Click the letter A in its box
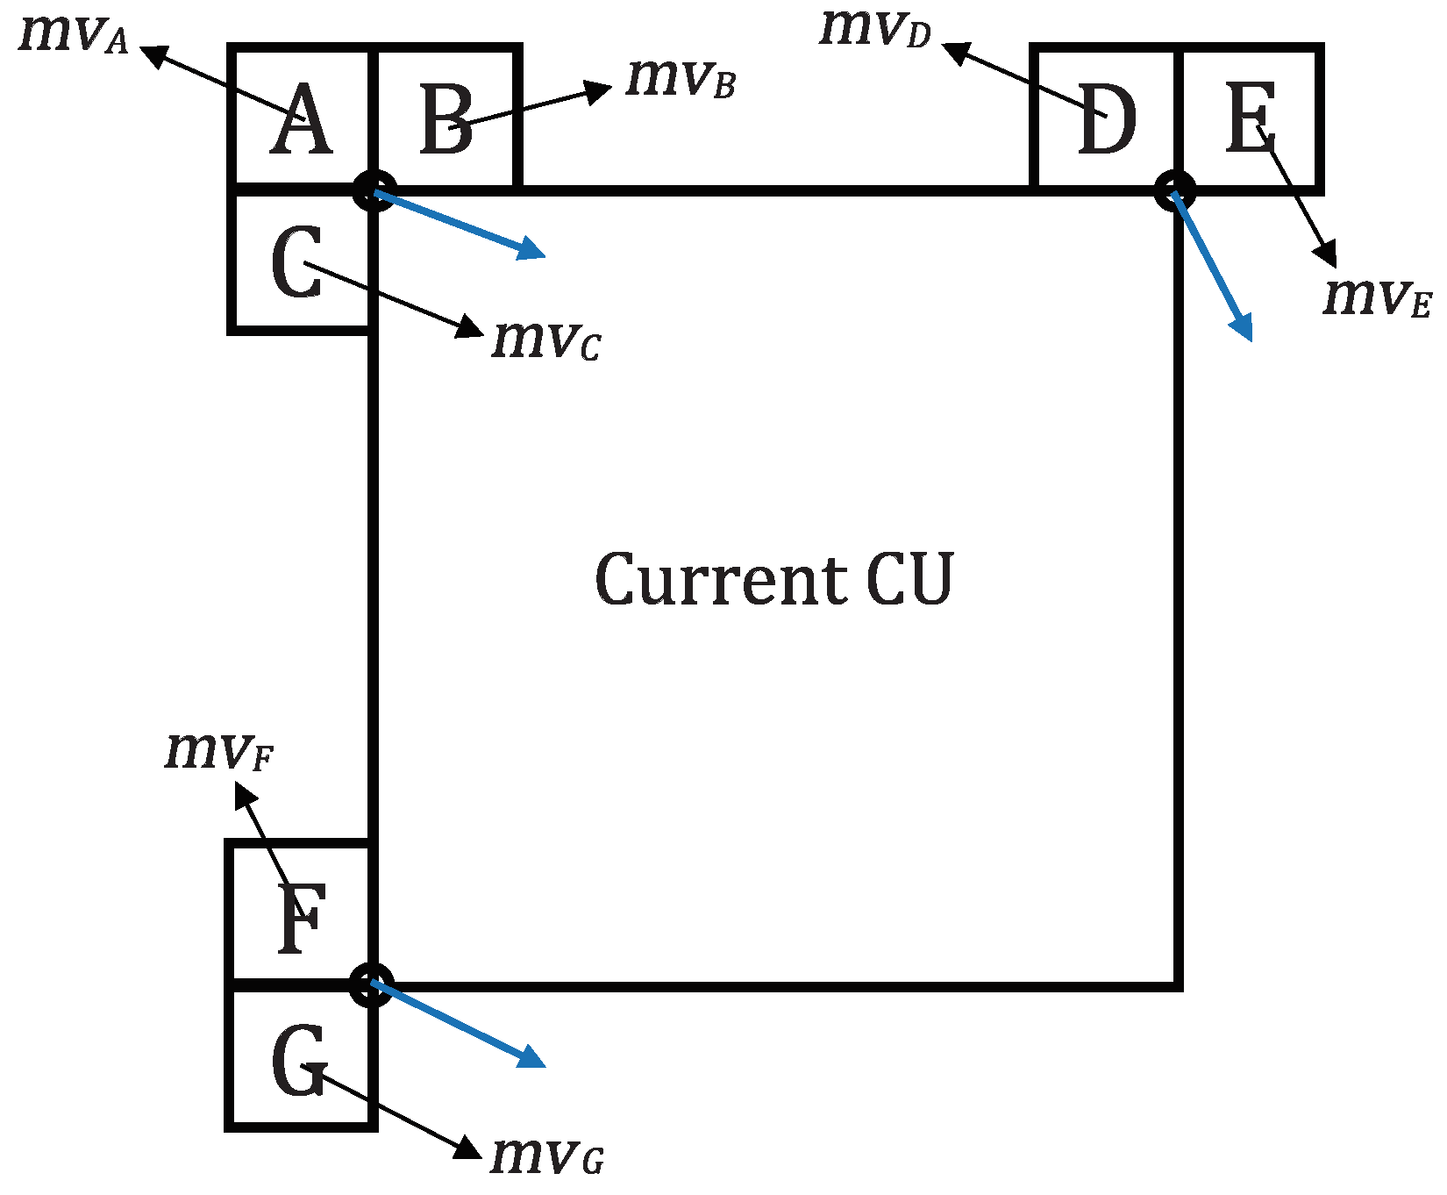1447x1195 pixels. pos(301,120)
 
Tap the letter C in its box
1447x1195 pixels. pos(297,263)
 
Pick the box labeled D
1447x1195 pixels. pos(1105,120)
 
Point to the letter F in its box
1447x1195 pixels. pos(302,920)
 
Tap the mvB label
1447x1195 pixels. pos(680,79)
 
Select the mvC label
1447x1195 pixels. pos(545,340)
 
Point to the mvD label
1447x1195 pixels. pos(874,29)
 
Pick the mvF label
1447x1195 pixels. pos(219,752)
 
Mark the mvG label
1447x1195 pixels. pos(546,1156)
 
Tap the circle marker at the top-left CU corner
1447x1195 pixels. pos(374,190)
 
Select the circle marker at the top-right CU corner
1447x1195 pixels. pos(1174,190)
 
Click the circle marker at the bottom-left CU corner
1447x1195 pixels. pos(372,984)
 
